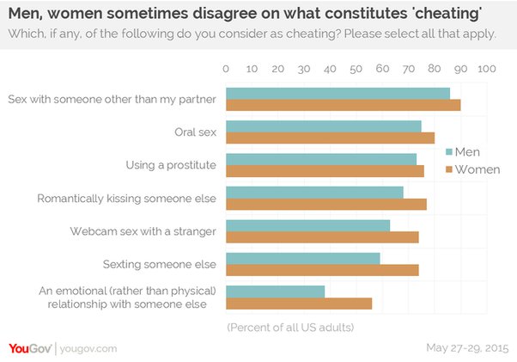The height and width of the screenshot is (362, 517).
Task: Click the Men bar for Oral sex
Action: coord(323,126)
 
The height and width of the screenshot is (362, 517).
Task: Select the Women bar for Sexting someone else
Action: coord(321,270)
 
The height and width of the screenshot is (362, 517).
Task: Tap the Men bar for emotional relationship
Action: coord(275,291)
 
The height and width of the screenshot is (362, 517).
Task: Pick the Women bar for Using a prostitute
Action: coord(325,170)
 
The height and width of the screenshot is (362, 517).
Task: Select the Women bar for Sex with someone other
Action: coord(343,105)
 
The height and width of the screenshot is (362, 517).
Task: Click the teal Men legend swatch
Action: coord(447,152)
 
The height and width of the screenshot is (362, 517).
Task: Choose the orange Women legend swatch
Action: coord(447,169)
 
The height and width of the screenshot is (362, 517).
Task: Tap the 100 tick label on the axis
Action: coord(486,68)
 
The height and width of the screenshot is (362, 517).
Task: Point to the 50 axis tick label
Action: coord(356,68)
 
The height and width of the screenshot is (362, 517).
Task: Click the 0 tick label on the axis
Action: coord(226,68)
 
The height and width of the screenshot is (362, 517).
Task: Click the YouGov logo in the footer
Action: coord(31,348)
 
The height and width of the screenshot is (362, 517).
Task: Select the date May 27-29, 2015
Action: coord(466,348)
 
